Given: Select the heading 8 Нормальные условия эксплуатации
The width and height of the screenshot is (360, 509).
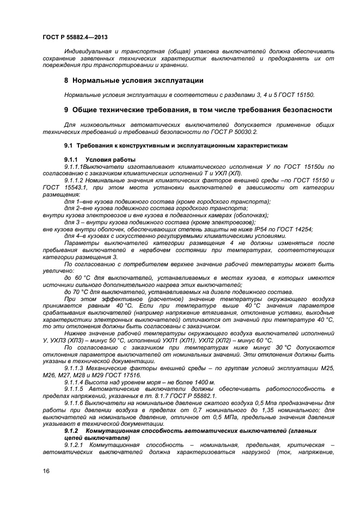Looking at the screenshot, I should [x=134, y=81].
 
